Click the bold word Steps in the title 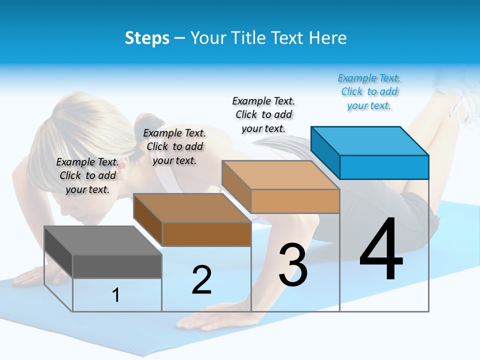click(147, 38)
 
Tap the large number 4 click(381, 250)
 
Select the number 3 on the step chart click(293, 265)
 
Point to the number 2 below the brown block click(201, 280)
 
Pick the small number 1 click(116, 295)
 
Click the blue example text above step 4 click(369, 91)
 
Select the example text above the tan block click(264, 114)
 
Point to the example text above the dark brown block click(174, 146)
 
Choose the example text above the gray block click(87, 175)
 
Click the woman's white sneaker click(462, 100)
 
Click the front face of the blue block click(384, 167)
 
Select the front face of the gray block click(117, 266)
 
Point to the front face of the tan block click(295, 201)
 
